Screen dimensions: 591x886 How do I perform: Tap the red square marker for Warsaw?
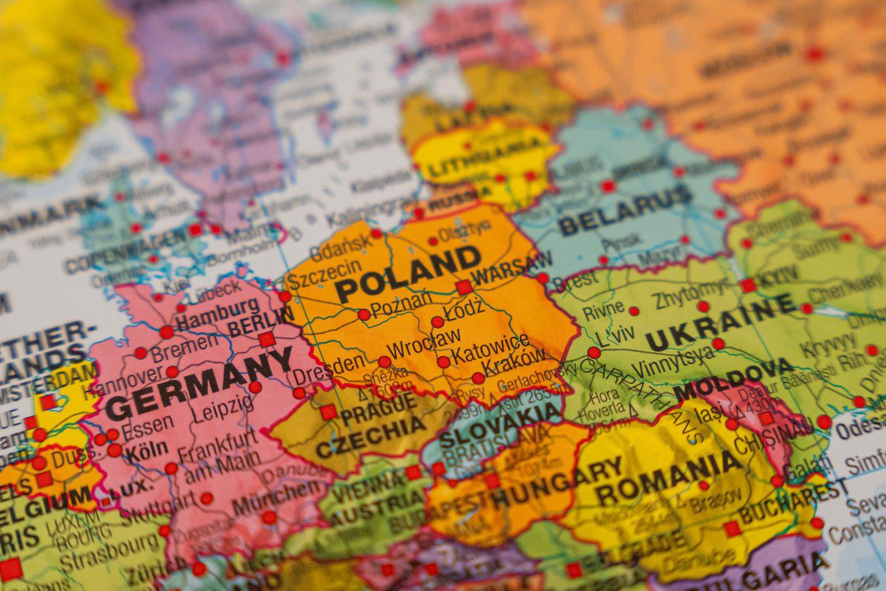tap(464, 287)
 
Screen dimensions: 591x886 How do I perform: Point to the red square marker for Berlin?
tap(267, 339)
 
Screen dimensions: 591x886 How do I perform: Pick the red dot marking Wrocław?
tap(385, 362)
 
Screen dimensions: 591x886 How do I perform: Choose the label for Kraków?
tap(514, 366)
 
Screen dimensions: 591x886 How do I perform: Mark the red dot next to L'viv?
tap(594, 352)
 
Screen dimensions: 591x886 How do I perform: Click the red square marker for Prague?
tap(327, 413)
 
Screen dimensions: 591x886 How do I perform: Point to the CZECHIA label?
tap(371, 436)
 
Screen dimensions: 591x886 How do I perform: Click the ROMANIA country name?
tap(668, 478)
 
